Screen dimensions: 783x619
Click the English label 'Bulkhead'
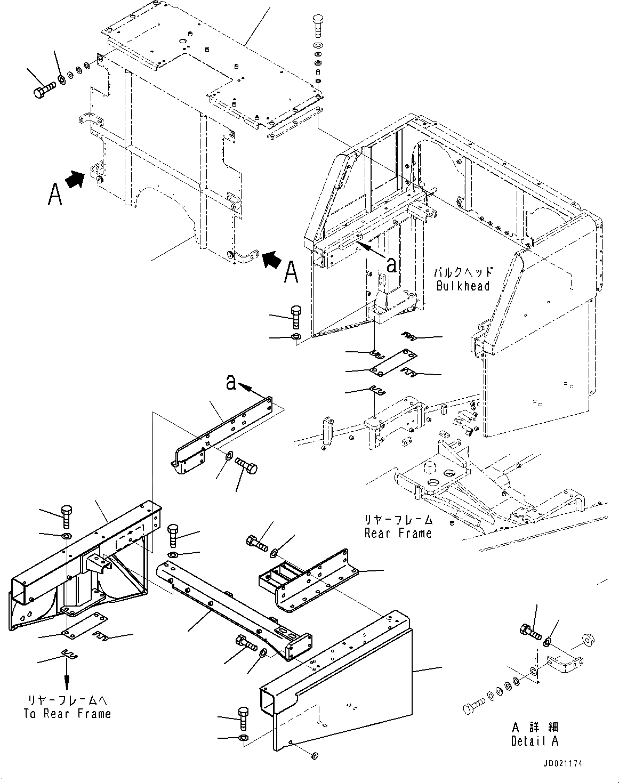(x=462, y=286)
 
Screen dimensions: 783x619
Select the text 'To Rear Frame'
(x=67, y=713)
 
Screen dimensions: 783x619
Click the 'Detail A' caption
(x=535, y=740)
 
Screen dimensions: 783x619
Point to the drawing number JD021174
(x=563, y=763)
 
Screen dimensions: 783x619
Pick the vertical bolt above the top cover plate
(x=317, y=26)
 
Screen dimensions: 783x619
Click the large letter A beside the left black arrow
(x=54, y=194)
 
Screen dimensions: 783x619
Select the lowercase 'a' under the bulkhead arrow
(x=391, y=264)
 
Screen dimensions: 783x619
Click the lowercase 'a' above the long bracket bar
(x=231, y=382)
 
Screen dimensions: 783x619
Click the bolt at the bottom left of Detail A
(x=472, y=708)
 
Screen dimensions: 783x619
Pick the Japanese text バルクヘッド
(x=463, y=272)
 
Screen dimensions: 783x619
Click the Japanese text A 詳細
(x=535, y=727)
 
